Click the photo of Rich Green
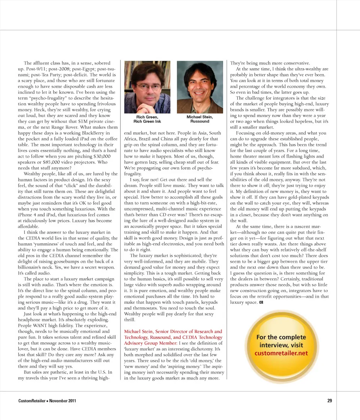pos(147,87)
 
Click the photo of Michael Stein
pos(200,87)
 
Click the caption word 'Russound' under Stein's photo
pos(199,121)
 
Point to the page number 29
pos(329,401)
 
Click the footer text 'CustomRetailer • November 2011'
pos(47,401)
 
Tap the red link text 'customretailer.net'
pos(281,353)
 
